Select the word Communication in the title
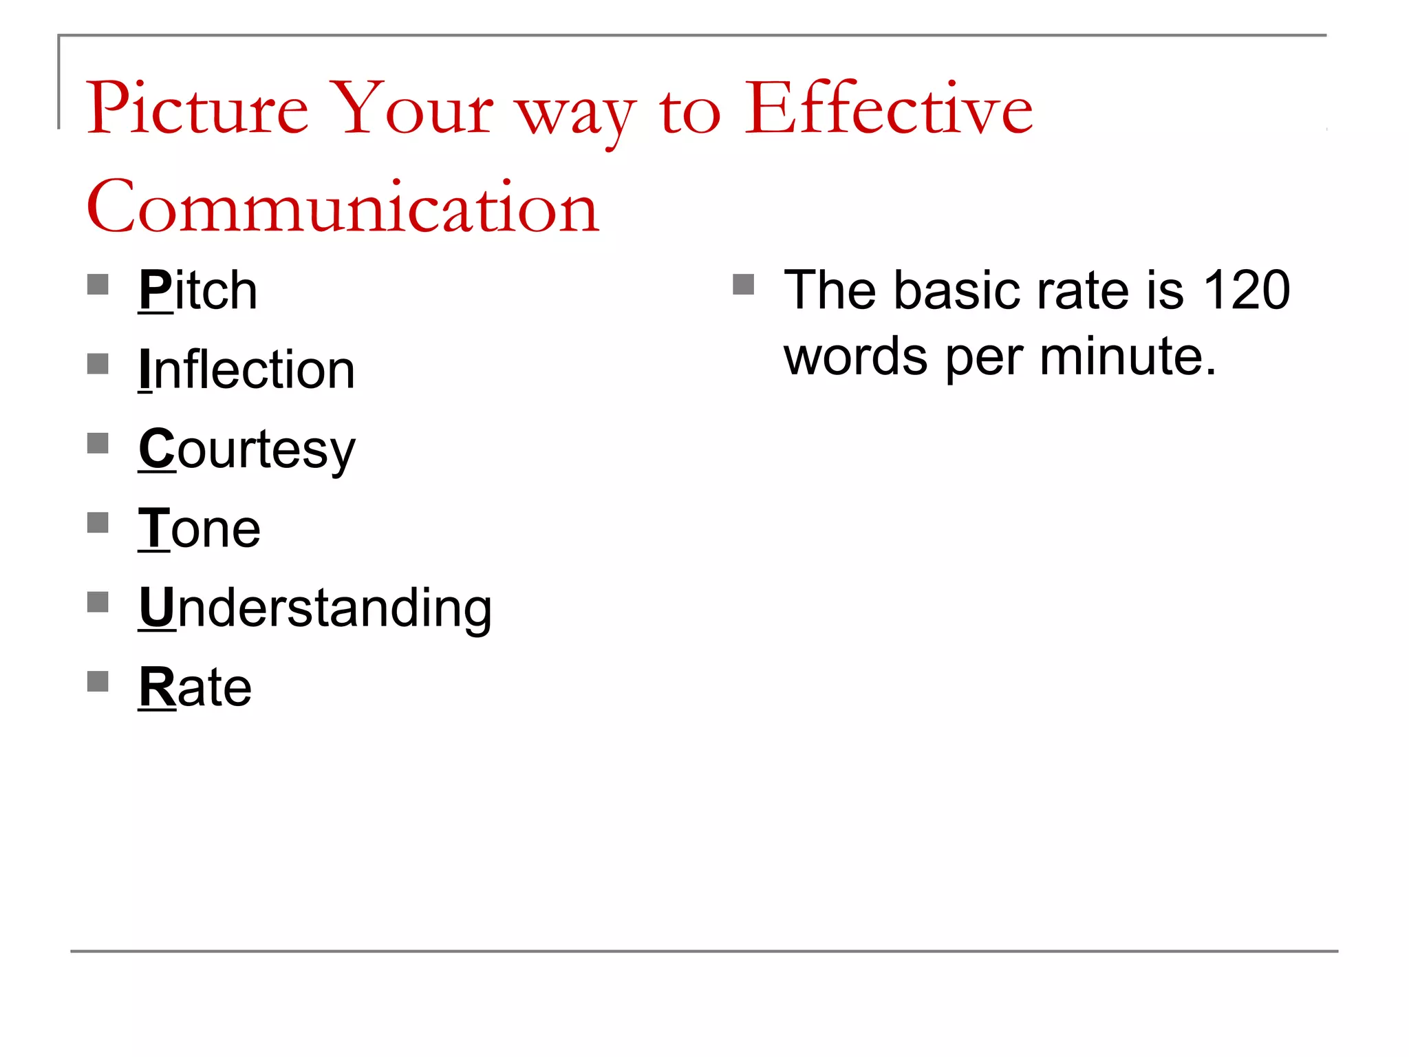click(343, 206)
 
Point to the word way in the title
click(577, 114)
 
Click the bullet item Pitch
click(198, 290)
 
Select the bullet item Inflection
click(247, 370)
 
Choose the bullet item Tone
click(200, 528)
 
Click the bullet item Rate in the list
click(195, 687)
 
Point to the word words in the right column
click(856, 356)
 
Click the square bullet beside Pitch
click(98, 284)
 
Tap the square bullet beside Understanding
click(98, 602)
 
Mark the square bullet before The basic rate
click(744, 284)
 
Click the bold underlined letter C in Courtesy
click(158, 449)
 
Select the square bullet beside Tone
click(98, 523)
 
